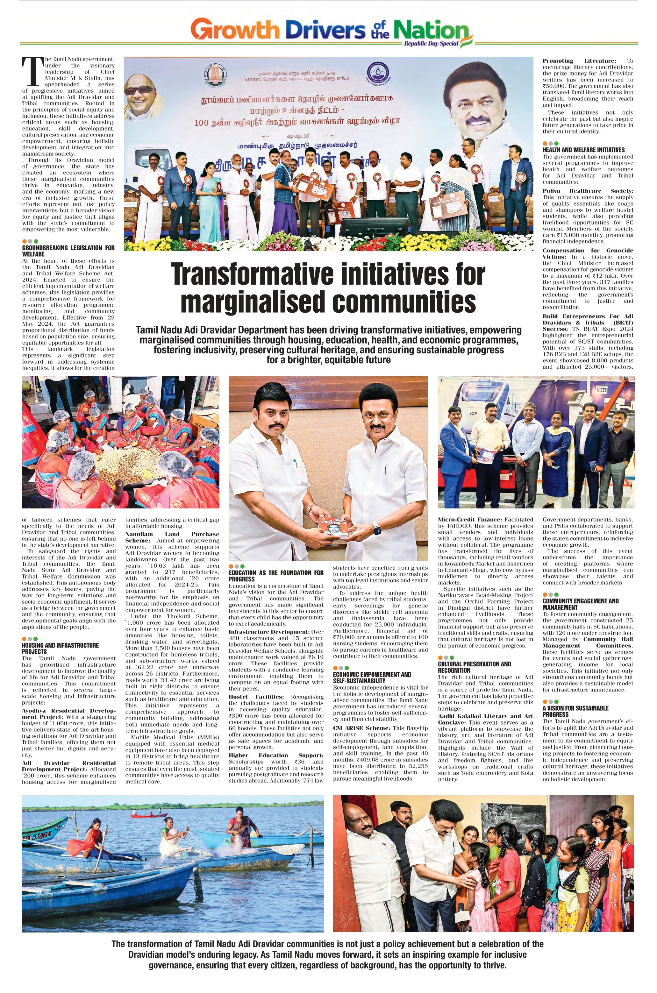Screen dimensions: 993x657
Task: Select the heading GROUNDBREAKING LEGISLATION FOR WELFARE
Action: tap(68, 251)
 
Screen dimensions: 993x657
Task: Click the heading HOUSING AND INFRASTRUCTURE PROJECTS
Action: tap(60, 648)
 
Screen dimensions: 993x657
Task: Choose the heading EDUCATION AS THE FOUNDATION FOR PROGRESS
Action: tap(276, 575)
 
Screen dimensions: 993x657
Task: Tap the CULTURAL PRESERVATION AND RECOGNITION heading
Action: tap(474, 667)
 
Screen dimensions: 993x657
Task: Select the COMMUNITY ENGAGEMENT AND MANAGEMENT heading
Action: tap(580, 604)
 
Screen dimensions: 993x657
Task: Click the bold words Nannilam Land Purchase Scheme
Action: tap(172, 537)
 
